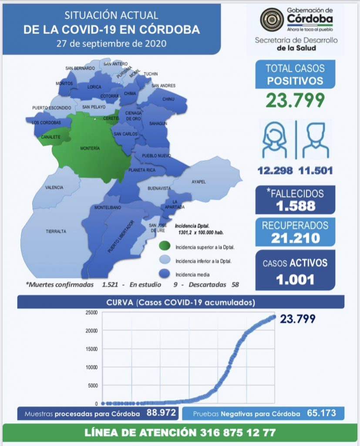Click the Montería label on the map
coord(90,149)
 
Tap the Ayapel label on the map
coord(199,182)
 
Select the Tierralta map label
coord(56,231)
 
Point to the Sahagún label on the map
coord(158,124)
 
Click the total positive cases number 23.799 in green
coord(295,101)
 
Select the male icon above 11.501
coord(316,140)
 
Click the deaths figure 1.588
coord(295,206)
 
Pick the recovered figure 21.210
coord(295,238)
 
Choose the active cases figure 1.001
coord(295,279)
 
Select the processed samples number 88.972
coord(161,413)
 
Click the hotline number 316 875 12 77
coord(234,432)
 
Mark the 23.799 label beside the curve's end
coord(298,319)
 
